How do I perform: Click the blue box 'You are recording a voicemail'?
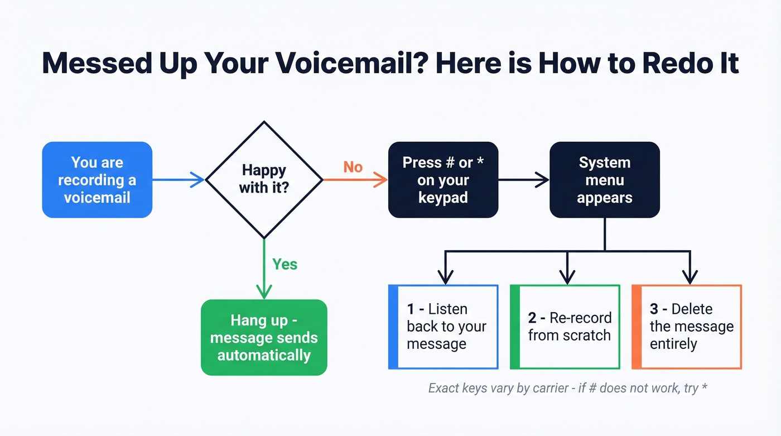tap(97, 180)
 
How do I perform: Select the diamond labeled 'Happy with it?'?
tap(264, 179)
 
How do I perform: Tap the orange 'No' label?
tap(353, 167)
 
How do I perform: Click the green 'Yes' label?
tap(285, 263)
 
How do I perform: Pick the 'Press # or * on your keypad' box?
tap(442, 180)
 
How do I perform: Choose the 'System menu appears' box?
tap(605, 180)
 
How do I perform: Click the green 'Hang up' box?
tap(264, 337)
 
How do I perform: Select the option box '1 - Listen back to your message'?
tap(443, 327)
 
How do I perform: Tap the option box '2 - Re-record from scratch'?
tap(565, 327)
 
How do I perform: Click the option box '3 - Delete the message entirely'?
tap(687, 327)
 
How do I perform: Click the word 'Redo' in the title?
tap(669, 63)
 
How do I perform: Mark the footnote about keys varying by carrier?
tap(567, 388)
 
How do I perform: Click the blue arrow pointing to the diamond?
tap(179, 180)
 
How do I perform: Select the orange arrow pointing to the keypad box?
tap(355, 180)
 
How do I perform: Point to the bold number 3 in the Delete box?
tap(654, 309)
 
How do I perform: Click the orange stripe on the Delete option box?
tap(636, 327)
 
